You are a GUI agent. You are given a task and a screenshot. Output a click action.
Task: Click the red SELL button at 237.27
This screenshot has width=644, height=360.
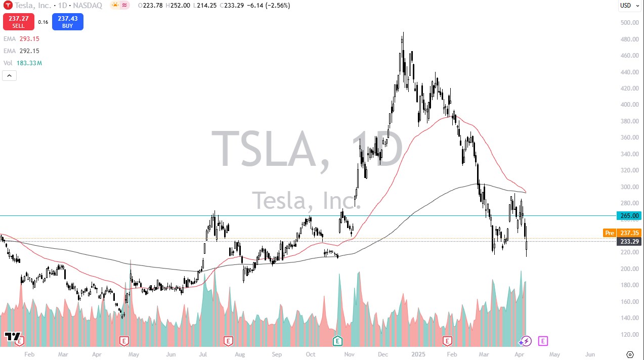(18, 22)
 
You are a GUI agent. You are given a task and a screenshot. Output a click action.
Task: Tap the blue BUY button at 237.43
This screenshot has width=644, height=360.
(67, 22)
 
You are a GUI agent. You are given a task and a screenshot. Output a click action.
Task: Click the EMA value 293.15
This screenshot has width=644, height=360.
(29, 39)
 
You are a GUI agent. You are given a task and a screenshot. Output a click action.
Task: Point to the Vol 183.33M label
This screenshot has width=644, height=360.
(23, 63)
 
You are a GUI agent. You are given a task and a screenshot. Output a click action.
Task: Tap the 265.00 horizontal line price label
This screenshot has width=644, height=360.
(629, 216)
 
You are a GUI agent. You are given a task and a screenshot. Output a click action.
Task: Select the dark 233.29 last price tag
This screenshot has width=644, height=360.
(629, 242)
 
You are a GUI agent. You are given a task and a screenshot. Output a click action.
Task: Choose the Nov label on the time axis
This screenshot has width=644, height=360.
(349, 355)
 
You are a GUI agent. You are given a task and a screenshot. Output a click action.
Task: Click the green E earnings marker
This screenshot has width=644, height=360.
(337, 341)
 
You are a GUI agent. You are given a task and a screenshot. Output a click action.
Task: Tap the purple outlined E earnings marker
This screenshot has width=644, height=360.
(542, 341)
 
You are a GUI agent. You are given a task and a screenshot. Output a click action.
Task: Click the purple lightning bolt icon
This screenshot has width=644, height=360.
(527, 341)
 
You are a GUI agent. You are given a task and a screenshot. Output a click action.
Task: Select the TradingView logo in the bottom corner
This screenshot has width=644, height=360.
(13, 337)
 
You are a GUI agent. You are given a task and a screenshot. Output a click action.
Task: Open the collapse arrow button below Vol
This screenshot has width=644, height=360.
(10, 76)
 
